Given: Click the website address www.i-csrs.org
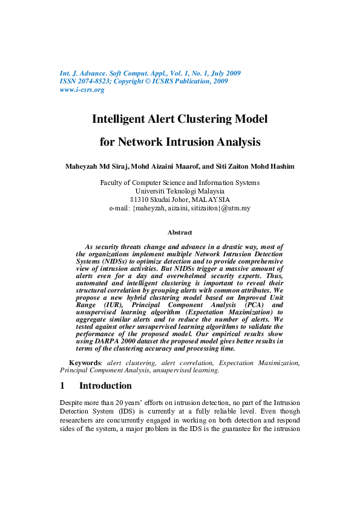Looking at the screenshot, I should (82, 89).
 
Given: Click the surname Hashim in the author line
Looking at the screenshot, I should (281, 166).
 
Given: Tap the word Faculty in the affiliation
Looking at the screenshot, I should (113, 183).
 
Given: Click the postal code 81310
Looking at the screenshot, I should (141, 199).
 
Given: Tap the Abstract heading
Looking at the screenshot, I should (180, 232).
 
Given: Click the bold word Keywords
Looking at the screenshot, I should (84, 363).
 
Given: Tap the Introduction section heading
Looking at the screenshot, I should (105, 386).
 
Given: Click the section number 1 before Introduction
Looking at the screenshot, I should (62, 386).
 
